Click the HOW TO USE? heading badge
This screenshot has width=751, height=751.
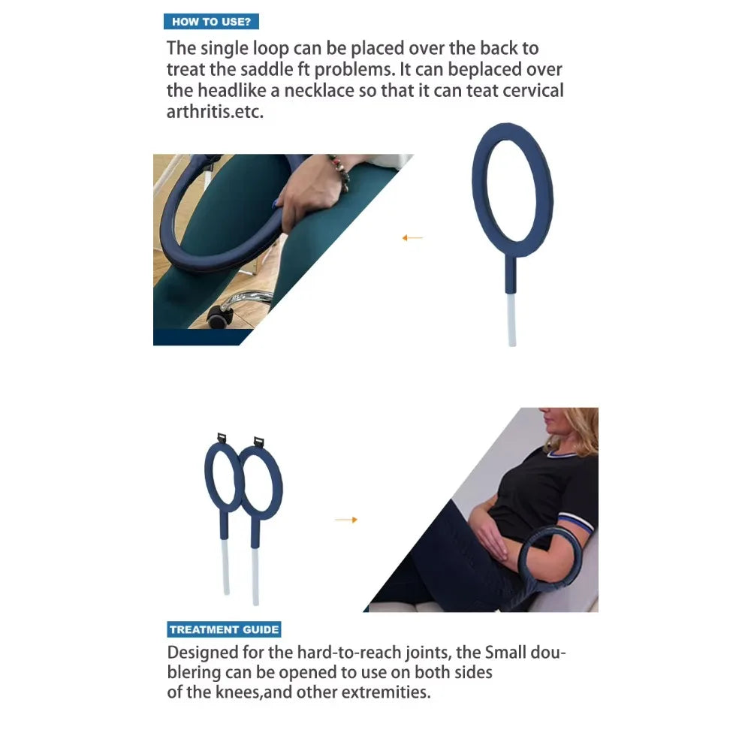[x=211, y=22]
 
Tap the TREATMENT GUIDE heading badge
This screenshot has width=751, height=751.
[x=224, y=629]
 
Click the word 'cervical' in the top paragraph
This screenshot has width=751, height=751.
[x=530, y=92]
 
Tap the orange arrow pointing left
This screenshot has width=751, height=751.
[x=412, y=238]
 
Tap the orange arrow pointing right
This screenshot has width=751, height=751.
[x=346, y=520]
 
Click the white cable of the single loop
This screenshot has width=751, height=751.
[x=511, y=319]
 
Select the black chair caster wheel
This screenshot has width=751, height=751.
[x=220, y=316]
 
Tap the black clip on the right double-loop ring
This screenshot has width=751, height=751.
[x=259, y=441]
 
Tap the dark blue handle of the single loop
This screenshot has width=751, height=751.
[x=511, y=274]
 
